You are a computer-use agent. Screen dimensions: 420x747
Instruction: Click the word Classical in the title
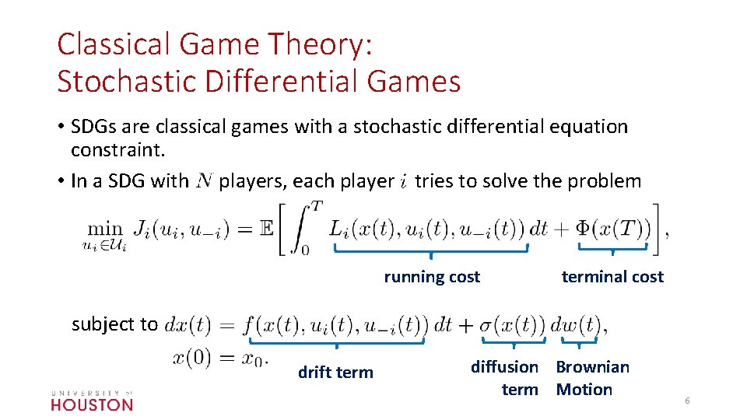point(109,44)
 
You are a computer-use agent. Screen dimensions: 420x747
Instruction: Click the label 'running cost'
point(432,277)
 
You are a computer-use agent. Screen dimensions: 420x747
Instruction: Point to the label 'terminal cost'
point(612,277)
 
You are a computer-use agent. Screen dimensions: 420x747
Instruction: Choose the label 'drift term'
point(335,373)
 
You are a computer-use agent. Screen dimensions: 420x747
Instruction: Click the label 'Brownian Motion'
point(592,378)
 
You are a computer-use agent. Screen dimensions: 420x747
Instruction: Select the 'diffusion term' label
point(504,378)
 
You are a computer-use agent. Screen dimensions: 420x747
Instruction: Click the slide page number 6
point(687,400)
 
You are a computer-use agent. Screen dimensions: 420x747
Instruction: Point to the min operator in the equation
point(104,229)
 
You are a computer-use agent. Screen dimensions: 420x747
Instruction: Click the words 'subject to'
point(114,324)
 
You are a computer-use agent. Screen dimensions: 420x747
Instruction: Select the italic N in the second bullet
point(204,182)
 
